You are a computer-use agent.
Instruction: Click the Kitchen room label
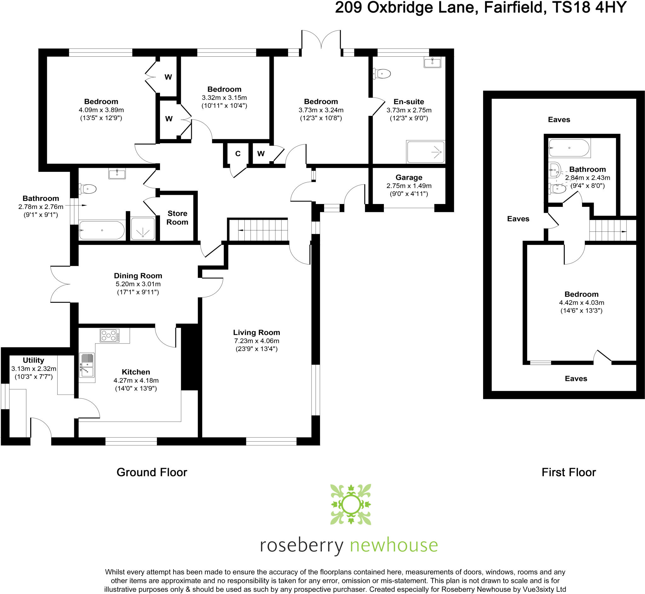click(136, 372)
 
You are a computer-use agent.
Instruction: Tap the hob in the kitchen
click(109, 336)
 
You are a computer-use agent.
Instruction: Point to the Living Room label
click(256, 332)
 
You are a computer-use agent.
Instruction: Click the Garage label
click(409, 178)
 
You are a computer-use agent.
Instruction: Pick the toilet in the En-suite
click(382, 74)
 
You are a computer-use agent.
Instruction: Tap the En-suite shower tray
click(425, 152)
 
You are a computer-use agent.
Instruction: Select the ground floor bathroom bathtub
click(102, 230)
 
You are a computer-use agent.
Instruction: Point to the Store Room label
click(177, 218)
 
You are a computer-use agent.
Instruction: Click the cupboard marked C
click(237, 154)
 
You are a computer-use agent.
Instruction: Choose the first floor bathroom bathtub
click(569, 148)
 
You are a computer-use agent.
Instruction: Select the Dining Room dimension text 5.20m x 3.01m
click(138, 284)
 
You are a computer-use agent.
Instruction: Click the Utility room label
click(33, 360)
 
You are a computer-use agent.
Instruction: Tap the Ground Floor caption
click(151, 472)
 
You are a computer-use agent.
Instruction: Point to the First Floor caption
click(568, 472)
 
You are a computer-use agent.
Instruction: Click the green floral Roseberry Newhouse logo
click(351, 505)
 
